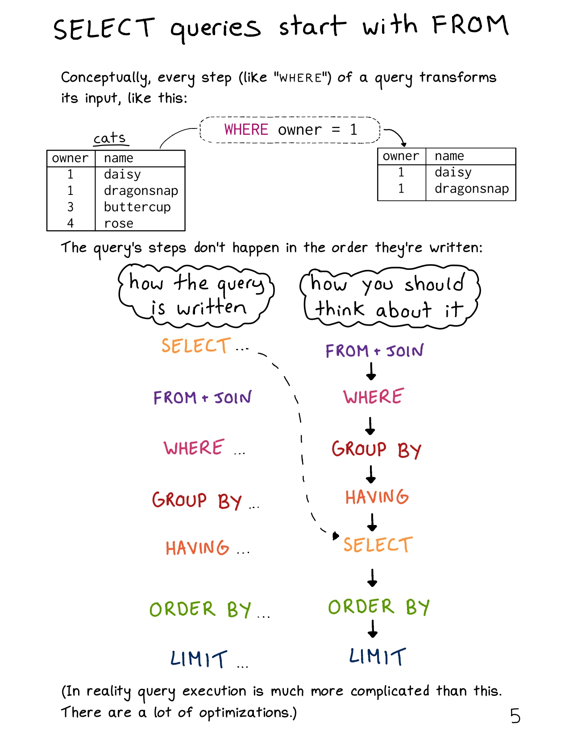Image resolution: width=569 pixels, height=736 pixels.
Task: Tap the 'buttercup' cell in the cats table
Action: (x=137, y=207)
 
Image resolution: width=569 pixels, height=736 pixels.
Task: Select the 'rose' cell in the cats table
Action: (x=119, y=223)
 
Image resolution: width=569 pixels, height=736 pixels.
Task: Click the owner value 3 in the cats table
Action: (x=70, y=207)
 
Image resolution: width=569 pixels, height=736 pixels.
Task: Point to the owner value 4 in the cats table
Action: (x=70, y=223)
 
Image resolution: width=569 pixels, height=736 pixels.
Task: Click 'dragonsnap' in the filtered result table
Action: (x=472, y=188)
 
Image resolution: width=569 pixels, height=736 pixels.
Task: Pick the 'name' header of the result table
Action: (x=449, y=156)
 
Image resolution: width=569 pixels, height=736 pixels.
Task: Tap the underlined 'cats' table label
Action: (x=110, y=138)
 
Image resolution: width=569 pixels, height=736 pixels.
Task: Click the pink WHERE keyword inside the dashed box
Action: (x=246, y=129)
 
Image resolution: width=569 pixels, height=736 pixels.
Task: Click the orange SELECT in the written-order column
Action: (x=196, y=346)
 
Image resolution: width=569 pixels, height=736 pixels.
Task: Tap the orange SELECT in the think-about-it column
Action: (x=378, y=544)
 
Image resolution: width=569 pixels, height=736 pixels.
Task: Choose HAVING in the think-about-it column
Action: (x=377, y=497)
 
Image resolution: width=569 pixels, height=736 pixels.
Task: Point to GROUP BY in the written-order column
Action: (x=196, y=500)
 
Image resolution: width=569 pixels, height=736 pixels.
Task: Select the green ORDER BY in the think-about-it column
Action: (x=379, y=607)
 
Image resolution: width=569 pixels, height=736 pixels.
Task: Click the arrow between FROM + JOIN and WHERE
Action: (x=371, y=371)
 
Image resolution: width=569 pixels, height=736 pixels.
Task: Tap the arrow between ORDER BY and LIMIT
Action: (x=373, y=628)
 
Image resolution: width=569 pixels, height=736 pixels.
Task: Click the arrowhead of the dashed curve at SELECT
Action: (x=336, y=535)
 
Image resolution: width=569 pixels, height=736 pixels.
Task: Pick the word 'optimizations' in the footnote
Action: (x=244, y=713)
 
